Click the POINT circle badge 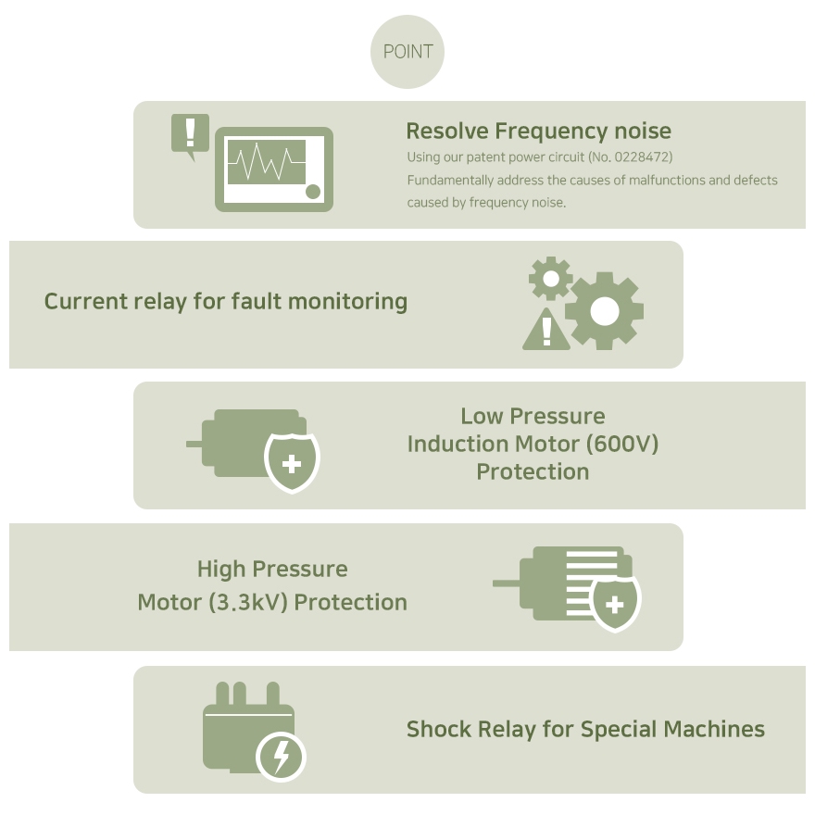tap(407, 52)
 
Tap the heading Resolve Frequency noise tap(538, 131)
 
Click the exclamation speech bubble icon tap(191, 134)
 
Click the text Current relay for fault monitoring tap(226, 301)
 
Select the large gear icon tap(604, 311)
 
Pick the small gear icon tap(551, 278)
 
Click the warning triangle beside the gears tap(546, 331)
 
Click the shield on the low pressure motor tap(292, 461)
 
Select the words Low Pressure tap(533, 416)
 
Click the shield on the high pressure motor tap(615, 603)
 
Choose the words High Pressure tap(272, 569)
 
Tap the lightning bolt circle tap(282, 758)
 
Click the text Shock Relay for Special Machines tap(585, 729)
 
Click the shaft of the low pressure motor tap(194, 444)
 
